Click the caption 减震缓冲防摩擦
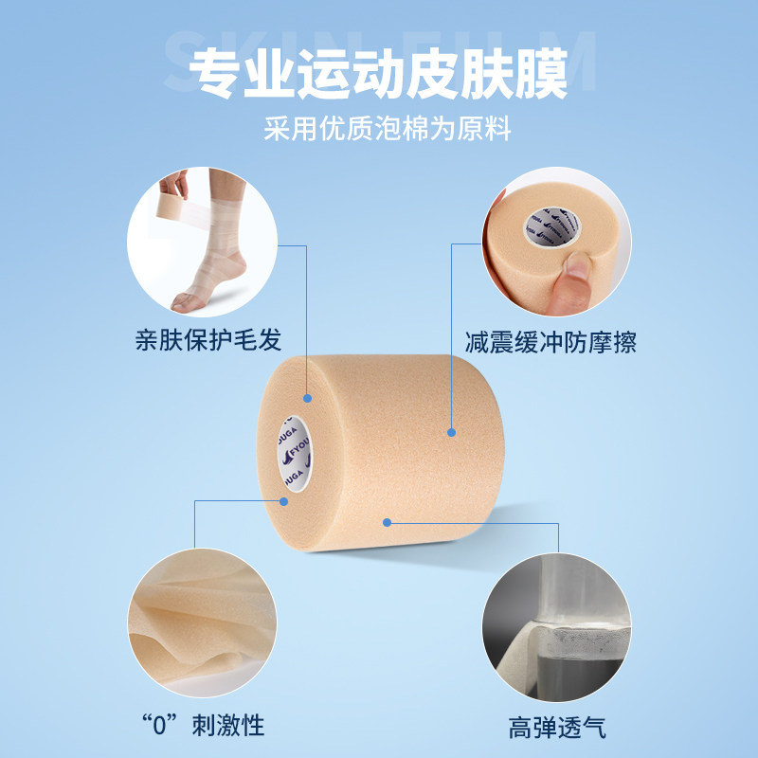pos(550,341)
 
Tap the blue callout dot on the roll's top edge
pos(306,398)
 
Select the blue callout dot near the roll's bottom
pos(387,521)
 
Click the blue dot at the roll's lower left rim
pos(283,502)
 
